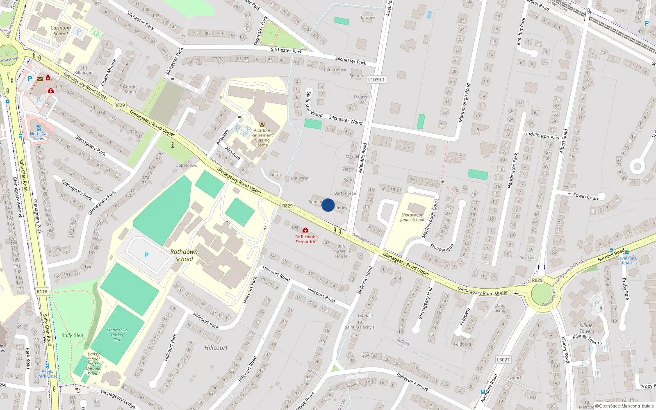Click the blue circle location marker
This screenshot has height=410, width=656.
pyautogui.click(x=328, y=205)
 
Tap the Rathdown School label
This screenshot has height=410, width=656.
pyautogui.click(x=184, y=255)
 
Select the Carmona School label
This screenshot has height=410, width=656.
pyautogui.click(x=61, y=31)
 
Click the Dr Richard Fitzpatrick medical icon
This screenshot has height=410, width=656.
pyautogui.click(x=305, y=230)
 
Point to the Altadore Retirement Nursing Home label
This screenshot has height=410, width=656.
pyautogui.click(x=262, y=137)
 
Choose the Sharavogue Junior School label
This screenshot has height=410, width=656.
pyautogui.click(x=412, y=217)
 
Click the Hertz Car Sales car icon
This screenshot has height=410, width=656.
pyautogui.click(x=39, y=128)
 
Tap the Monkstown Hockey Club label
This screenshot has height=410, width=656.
pyautogui.click(x=117, y=335)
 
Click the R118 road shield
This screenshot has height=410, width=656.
pyautogui.click(x=42, y=292)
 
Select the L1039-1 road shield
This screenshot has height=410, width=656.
pyautogui.click(x=376, y=80)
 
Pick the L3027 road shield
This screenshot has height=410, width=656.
pyautogui.click(x=503, y=360)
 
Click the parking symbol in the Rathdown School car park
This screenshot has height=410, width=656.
pyautogui.click(x=146, y=255)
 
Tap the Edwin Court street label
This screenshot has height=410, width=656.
pyautogui.click(x=586, y=196)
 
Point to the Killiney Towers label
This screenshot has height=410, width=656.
pyautogui.click(x=587, y=328)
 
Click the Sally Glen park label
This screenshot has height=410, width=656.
pyautogui.click(x=73, y=335)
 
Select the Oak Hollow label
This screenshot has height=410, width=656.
pyautogui.click(x=187, y=165)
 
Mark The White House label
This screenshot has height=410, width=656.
pyautogui.click(x=341, y=254)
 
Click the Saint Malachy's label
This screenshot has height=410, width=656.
pyautogui.click(x=360, y=327)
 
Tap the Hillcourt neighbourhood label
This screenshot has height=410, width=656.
pyautogui.click(x=216, y=348)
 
